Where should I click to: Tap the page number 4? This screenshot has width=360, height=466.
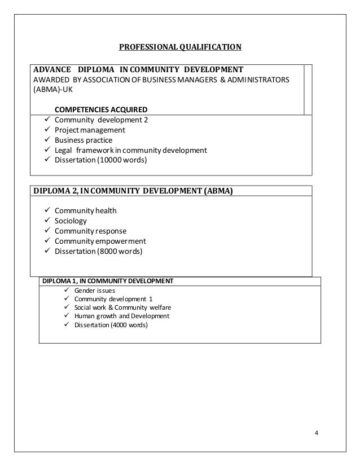click(316, 433)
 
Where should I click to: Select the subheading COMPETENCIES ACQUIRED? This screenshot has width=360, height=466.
click(101, 109)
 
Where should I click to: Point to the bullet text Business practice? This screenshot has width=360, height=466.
click(83, 140)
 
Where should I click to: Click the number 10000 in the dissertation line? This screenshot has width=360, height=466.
click(109, 160)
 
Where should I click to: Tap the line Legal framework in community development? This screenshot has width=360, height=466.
click(130, 150)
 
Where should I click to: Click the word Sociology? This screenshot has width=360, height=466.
click(71, 221)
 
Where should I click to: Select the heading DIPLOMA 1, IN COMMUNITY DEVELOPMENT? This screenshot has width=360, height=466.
click(109, 280)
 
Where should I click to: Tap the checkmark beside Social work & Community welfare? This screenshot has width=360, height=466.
click(68, 307)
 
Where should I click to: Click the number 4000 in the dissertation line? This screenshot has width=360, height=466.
click(109, 325)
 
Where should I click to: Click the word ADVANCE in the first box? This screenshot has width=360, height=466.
click(52, 69)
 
